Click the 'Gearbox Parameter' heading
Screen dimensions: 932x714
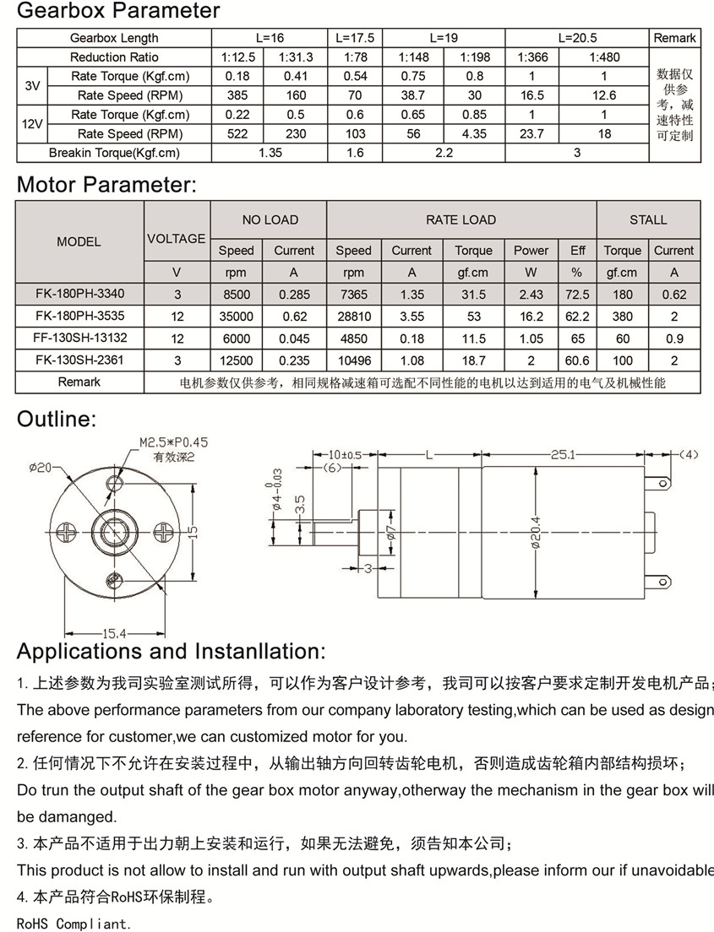[x=118, y=11]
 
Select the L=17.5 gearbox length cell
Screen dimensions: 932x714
[x=355, y=38]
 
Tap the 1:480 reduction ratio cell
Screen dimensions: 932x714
[x=603, y=57]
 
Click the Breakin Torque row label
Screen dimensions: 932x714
[x=114, y=153]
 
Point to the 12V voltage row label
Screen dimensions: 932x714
[x=32, y=124]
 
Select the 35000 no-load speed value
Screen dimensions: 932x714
[x=236, y=316]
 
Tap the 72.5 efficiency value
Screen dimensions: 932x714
[x=578, y=295]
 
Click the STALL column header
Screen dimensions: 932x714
[x=648, y=219]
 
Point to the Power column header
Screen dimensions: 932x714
[x=531, y=250]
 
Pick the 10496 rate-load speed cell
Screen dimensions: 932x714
[x=353, y=360]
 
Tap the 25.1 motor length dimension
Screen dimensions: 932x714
[x=563, y=454]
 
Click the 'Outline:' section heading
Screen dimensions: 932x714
[x=57, y=419]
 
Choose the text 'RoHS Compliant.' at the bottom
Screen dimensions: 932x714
[x=74, y=924]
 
